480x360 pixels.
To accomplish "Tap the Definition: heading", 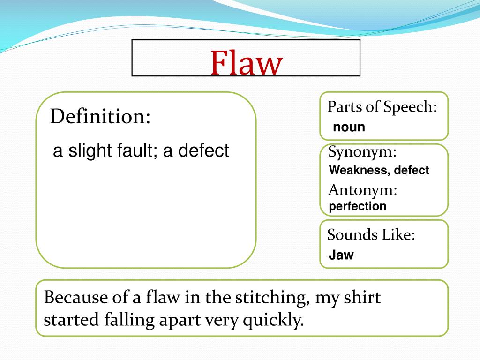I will pyautogui.click(x=100, y=116).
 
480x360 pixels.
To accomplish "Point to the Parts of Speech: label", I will pyautogui.click(x=382, y=107).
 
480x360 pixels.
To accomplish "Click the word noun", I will pyautogui.click(x=349, y=127).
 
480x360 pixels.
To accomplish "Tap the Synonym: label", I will pyautogui.click(x=362, y=152).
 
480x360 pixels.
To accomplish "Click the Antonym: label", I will pyautogui.click(x=363, y=190).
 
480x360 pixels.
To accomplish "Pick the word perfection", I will pyautogui.click(x=358, y=206).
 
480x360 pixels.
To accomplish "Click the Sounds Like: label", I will pyautogui.click(x=371, y=234).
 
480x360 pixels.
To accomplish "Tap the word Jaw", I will pyautogui.click(x=341, y=255).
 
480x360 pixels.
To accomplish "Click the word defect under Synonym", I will pyautogui.click(x=411, y=170).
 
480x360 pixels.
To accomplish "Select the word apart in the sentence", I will pyautogui.click(x=180, y=321).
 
